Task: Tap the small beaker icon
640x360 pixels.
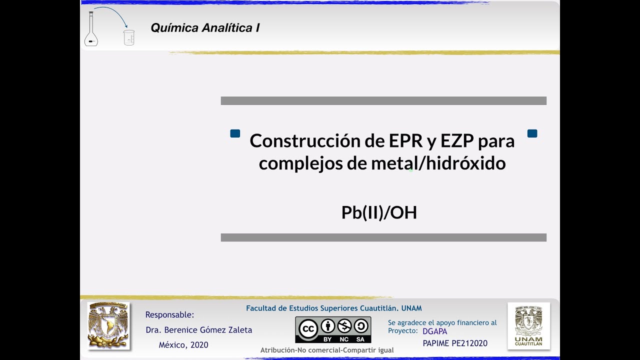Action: click(129, 37)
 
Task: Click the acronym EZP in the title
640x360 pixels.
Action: click(457, 141)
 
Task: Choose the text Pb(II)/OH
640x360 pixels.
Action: click(379, 212)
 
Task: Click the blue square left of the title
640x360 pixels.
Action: click(235, 133)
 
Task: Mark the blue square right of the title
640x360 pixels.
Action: click(532, 133)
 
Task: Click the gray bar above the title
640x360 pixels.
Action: click(383, 101)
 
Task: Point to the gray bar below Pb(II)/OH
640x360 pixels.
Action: click(383, 237)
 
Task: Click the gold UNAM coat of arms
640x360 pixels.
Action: click(108, 325)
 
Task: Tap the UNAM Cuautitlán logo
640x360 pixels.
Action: click(528, 325)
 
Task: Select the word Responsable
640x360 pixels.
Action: click(169, 315)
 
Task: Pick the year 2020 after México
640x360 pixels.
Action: click(199, 345)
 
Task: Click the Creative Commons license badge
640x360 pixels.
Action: click(333, 329)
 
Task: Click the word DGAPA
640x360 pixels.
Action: click(435, 331)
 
